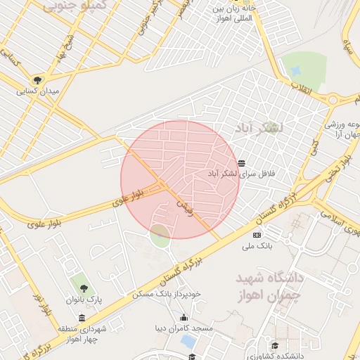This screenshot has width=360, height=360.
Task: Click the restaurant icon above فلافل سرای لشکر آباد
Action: click(241, 163)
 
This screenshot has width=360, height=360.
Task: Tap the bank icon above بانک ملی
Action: click(257, 235)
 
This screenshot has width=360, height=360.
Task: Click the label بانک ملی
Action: click(257, 246)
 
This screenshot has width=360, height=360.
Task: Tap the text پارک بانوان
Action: click(84, 300)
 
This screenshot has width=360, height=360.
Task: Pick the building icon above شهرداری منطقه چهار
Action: click(82, 317)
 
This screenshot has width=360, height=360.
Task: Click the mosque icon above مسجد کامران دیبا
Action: click(184, 317)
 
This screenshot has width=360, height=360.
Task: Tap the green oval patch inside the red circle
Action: click(160, 235)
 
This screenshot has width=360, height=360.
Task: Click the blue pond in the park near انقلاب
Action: click(295, 71)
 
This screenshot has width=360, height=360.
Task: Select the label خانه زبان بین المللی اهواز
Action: click(233, 13)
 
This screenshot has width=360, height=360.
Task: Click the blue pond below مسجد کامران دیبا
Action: click(188, 341)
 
